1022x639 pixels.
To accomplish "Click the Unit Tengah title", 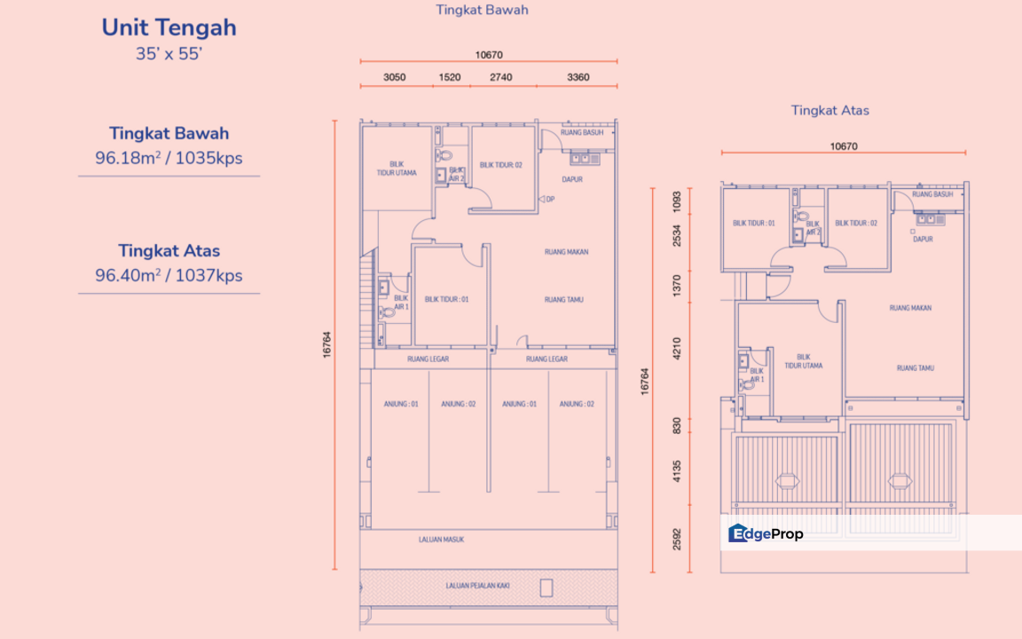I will (169, 28).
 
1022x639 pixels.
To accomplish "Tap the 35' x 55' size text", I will (169, 53).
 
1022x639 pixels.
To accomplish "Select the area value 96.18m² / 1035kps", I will (169, 159).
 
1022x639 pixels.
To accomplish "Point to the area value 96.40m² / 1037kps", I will (169, 276).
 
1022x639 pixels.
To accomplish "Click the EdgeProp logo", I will (766, 533).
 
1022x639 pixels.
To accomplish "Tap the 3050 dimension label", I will (395, 77).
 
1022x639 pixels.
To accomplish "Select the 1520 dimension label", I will (450, 77).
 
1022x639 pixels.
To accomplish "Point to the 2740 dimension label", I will (501, 77).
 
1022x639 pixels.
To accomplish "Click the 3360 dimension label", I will (578, 77).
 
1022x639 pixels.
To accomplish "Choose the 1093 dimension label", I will (677, 201).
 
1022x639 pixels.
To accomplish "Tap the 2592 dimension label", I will (677, 539).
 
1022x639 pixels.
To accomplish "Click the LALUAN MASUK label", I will (442, 539).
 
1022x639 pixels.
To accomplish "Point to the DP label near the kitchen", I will (550, 199).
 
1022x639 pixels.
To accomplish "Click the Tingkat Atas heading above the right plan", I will (830, 111).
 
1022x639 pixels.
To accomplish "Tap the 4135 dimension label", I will (677, 469).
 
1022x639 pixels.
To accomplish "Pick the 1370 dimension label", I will (677, 284).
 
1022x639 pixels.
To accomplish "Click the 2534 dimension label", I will (677, 236).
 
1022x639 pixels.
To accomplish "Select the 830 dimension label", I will (677, 424).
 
